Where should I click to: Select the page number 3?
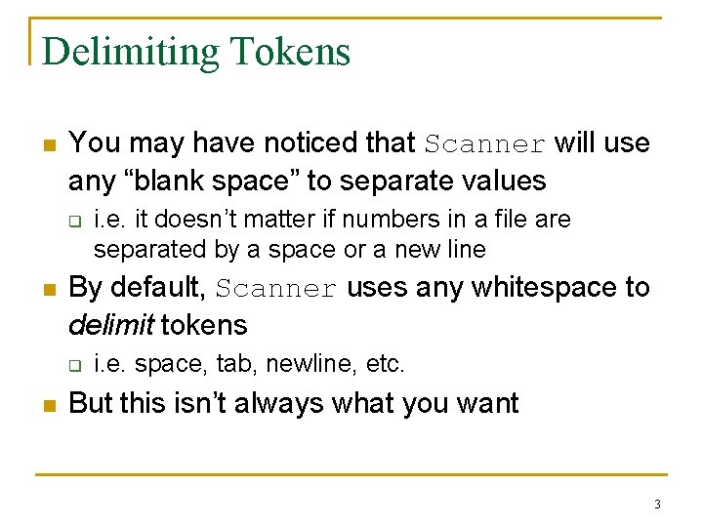tap(657, 505)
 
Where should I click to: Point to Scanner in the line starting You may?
tap(485, 144)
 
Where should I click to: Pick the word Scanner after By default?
tap(276, 289)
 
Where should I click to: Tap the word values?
tap(498, 181)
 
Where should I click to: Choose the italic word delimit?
tap(109, 324)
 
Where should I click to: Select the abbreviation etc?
tap(384, 364)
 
